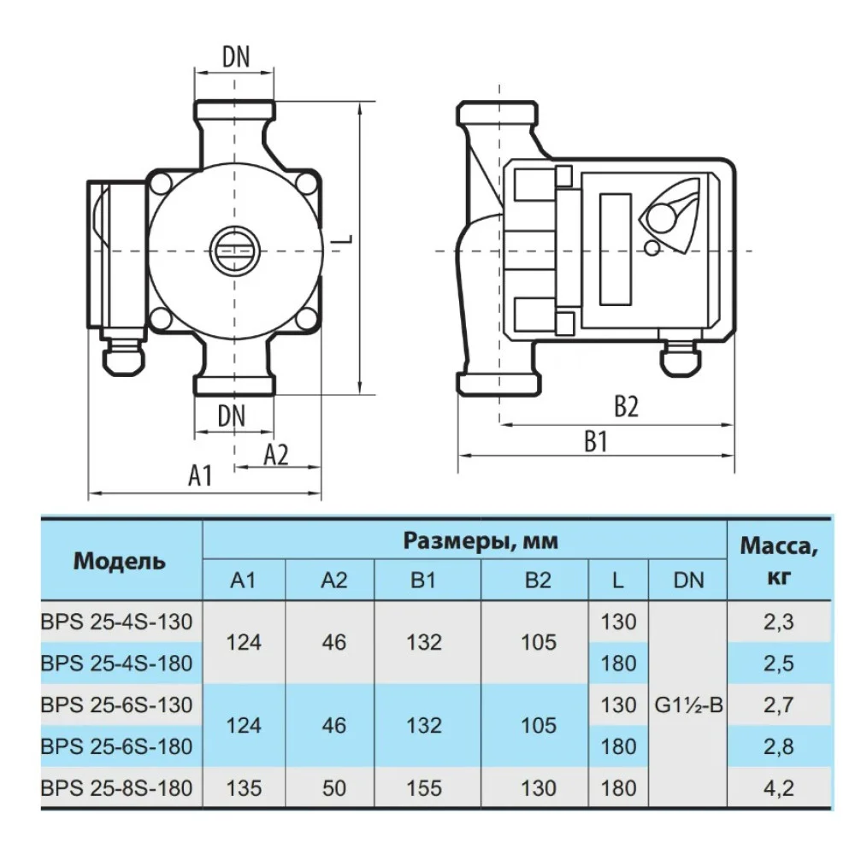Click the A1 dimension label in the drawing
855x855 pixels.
[199, 475]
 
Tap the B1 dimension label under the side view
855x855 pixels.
[595, 441]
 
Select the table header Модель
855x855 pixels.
[120, 562]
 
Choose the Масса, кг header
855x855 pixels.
[778, 560]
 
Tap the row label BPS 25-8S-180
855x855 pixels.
[117, 787]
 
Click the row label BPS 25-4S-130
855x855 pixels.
[117, 621]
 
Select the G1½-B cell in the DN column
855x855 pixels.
[688, 705]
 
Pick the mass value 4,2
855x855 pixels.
[778, 787]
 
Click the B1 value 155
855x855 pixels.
[424, 787]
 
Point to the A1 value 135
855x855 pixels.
[244, 787]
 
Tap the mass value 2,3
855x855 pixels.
[778, 622]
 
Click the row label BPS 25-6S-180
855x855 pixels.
[117, 746]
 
